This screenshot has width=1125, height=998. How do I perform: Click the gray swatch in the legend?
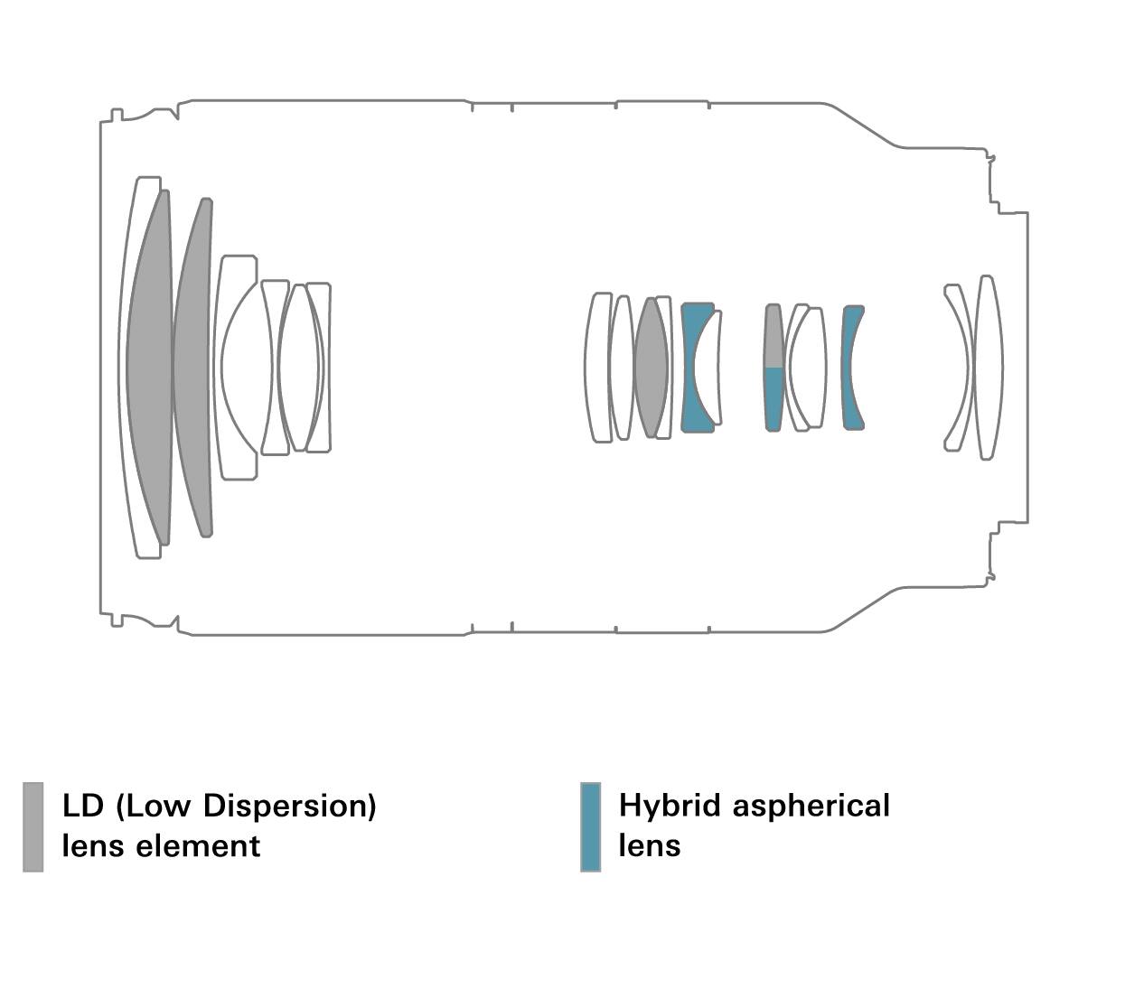33,826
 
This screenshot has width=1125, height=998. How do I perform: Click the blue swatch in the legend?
590,826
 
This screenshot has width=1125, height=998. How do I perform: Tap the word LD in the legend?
83,805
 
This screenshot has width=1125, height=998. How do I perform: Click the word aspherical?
811,806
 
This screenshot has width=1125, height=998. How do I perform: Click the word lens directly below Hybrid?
649,846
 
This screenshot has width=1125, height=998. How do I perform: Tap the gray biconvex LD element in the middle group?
651,367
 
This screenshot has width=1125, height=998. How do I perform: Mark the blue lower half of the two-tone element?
773,397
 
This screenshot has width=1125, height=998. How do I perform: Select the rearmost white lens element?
988,367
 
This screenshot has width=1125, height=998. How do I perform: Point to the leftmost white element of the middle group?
598,367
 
